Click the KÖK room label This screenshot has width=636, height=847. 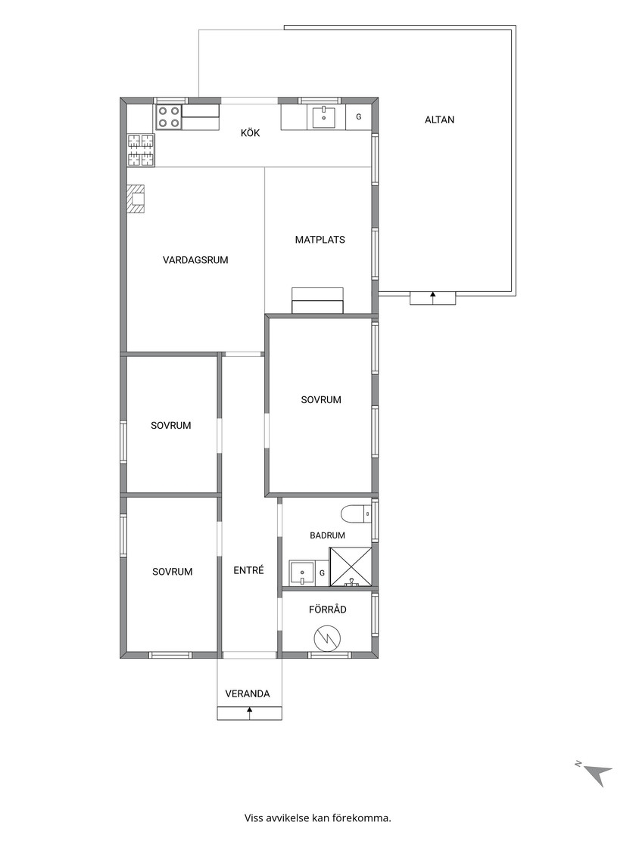[251, 132]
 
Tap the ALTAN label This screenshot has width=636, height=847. [439, 120]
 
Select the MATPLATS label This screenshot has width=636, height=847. [320, 240]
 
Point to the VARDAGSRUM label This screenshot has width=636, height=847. [195, 260]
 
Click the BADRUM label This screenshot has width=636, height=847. [327, 535]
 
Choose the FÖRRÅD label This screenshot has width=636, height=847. [327, 610]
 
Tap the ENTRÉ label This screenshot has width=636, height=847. [249, 570]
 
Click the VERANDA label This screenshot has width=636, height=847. [247, 693]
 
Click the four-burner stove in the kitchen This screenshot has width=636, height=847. [169, 117]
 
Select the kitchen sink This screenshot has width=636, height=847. [323, 116]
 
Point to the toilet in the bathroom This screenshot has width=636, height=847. [356, 514]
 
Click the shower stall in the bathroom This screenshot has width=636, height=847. [351, 566]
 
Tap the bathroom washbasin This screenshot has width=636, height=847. [302, 573]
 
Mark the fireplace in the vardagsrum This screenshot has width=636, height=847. [136, 200]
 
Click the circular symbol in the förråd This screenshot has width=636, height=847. [327, 639]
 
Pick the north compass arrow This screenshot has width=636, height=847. [599, 774]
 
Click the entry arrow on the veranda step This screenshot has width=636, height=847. [249, 713]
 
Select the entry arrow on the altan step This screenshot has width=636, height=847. [432, 298]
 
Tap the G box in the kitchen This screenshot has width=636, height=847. [358, 116]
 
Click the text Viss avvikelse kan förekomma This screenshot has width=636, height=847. [318, 818]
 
